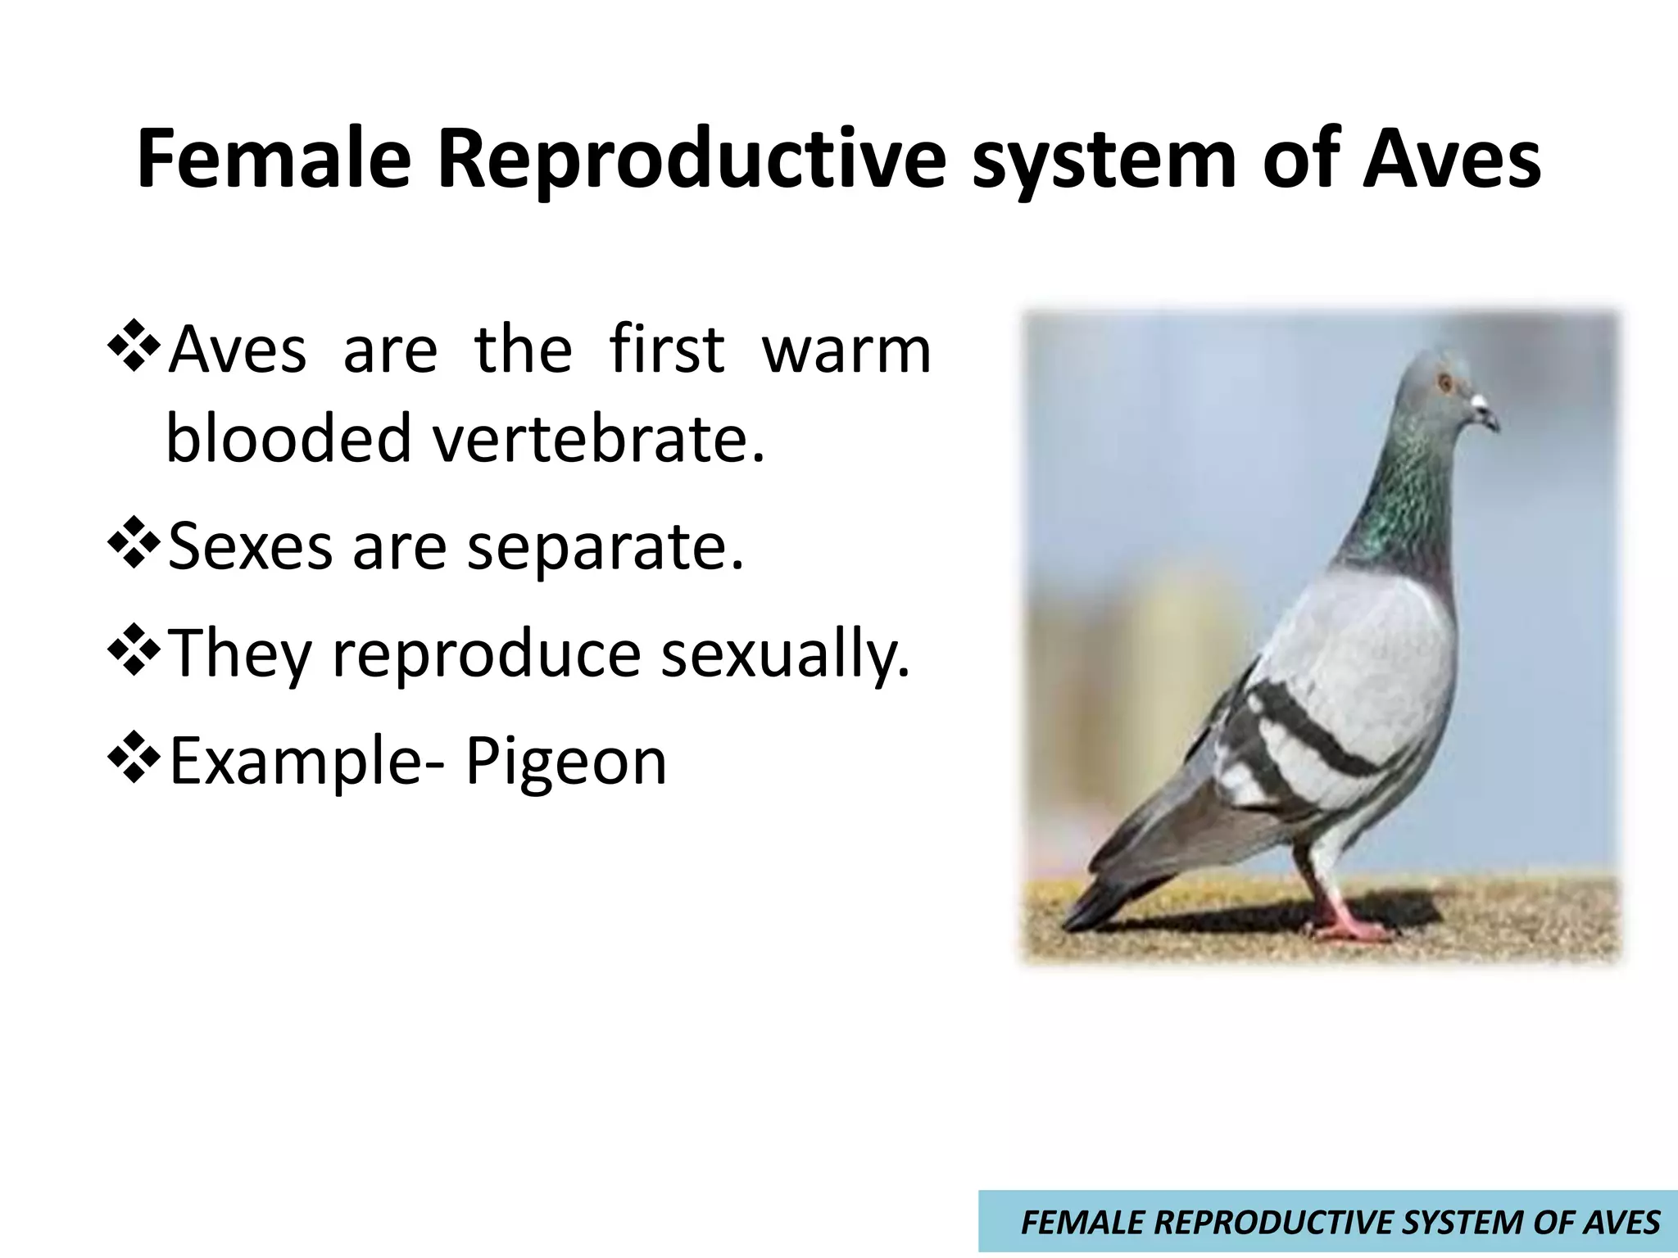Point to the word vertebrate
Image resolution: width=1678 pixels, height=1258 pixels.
pyautogui.click(x=598, y=439)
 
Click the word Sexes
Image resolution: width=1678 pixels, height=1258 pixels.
pyautogui.click(x=250, y=547)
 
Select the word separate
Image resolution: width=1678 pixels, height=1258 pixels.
pyautogui.click(x=605, y=547)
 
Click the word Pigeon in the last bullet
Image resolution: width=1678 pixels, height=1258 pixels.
pyautogui.click(x=565, y=762)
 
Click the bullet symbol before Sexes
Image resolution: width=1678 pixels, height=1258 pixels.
pyautogui.click(x=134, y=547)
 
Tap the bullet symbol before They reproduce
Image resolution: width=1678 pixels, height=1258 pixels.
pyautogui.click(x=134, y=653)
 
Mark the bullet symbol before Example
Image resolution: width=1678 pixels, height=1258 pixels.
pyautogui.click(x=134, y=760)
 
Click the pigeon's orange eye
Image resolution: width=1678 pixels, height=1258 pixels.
pyautogui.click(x=1444, y=382)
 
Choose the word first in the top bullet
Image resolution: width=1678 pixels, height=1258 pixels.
pyautogui.click(x=666, y=351)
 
